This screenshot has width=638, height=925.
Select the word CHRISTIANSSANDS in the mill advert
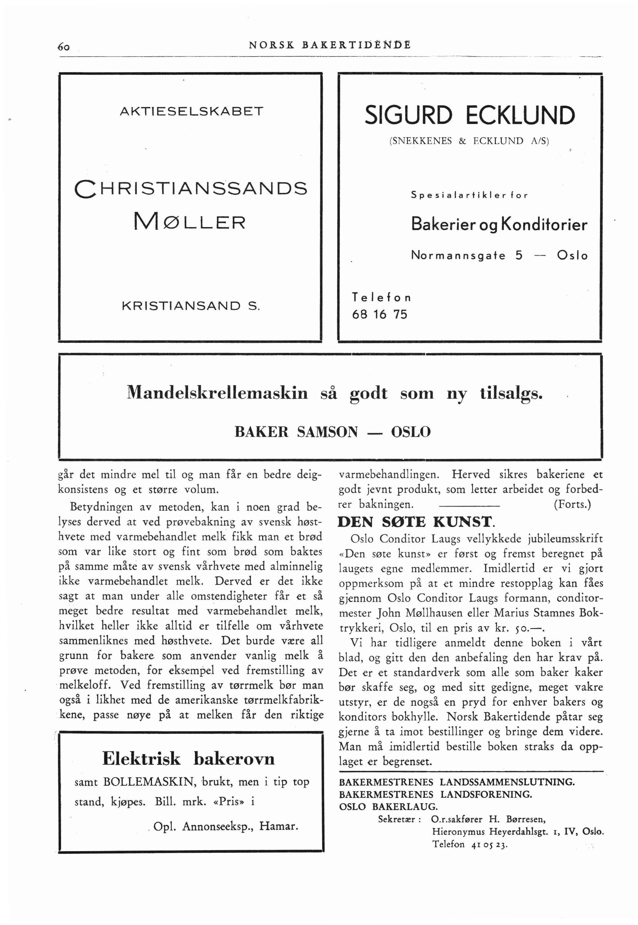tap(191, 188)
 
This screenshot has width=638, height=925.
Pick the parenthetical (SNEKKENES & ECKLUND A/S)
tap(469, 141)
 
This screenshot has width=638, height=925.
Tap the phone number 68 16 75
tap(379, 314)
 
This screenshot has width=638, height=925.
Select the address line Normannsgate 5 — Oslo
tap(499, 255)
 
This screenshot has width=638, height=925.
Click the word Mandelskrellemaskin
tap(217, 393)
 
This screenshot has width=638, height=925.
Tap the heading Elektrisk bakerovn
tap(188, 759)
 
